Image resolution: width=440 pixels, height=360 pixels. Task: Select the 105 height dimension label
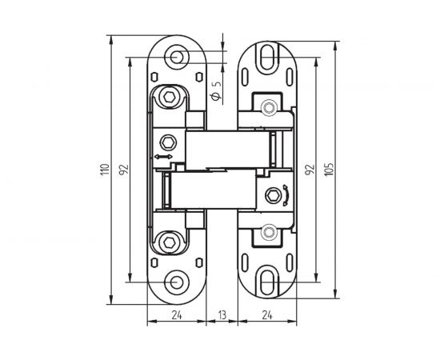point(329,170)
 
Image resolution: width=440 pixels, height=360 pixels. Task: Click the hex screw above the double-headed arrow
point(168,142)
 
